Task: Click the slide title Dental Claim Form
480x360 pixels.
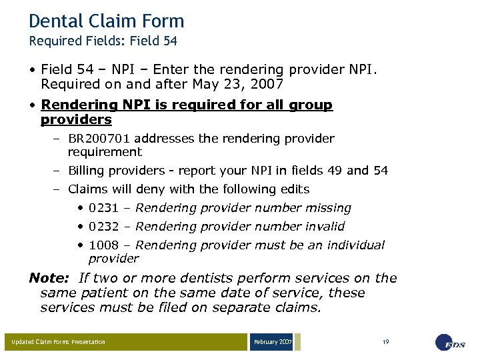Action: click(106, 21)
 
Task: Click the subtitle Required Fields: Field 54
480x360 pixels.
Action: click(103, 41)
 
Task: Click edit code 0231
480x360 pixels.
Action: click(101, 208)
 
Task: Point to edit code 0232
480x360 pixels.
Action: click(101, 227)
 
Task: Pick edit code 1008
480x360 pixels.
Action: click(101, 245)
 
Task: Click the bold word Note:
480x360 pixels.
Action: click(49, 279)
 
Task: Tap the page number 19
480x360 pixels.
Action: click(385, 342)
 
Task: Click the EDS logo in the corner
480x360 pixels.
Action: click(452, 343)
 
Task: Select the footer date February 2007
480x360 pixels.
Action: click(272, 342)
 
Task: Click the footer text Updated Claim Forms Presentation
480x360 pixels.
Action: click(58, 342)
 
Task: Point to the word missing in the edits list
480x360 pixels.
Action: click(327, 208)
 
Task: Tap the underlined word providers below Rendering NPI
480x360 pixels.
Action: click(76, 120)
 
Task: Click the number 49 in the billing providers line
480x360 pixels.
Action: click(335, 171)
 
